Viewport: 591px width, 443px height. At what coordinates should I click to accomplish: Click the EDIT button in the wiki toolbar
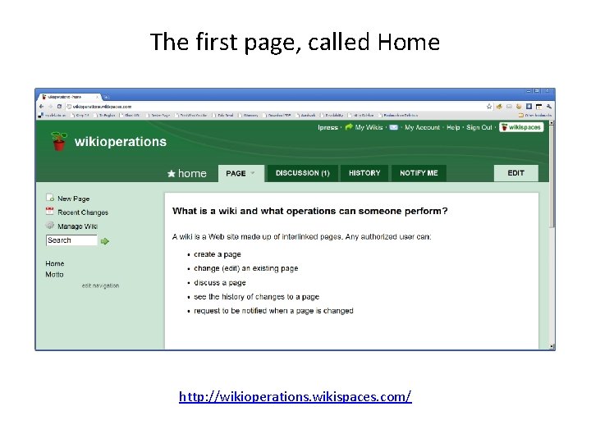coord(515,173)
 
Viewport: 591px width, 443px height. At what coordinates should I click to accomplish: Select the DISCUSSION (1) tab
coord(302,173)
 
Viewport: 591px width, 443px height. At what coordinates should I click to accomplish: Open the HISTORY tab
coord(364,173)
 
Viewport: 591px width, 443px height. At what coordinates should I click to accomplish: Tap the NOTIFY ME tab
coord(419,173)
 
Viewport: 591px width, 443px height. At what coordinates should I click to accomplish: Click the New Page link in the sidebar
coord(73,199)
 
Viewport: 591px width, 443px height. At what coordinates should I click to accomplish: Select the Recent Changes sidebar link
coord(82,212)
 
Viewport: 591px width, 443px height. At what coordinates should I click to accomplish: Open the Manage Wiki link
coord(77,226)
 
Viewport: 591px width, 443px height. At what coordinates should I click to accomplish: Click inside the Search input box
coord(71,240)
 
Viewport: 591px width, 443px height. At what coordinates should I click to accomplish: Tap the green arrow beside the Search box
coord(105,241)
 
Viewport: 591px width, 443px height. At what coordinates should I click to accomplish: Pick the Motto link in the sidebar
coord(54,274)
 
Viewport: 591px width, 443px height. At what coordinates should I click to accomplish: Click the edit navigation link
coord(100,285)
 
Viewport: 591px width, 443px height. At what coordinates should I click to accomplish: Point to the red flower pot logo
coord(57,143)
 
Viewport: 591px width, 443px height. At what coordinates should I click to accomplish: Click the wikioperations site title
coord(120,142)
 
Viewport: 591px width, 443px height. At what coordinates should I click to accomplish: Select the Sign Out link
coord(479,127)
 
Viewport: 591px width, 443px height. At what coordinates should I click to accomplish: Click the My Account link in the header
coord(422,127)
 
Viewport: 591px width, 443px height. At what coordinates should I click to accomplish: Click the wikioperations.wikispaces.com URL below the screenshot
coord(295,397)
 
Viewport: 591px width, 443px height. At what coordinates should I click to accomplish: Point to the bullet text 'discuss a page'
coord(220,283)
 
